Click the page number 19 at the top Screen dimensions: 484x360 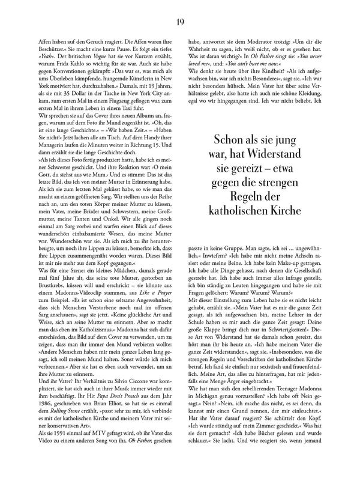coord(180,7)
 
